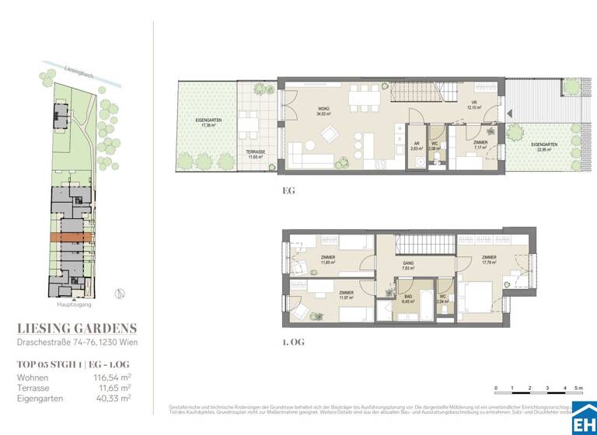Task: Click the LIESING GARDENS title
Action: click(x=76, y=328)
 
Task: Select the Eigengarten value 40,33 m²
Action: click(x=113, y=398)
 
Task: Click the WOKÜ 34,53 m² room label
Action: click(x=323, y=112)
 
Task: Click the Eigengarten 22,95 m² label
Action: click(x=543, y=148)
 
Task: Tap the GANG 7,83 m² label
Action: click(x=407, y=266)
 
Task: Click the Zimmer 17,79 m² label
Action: click(x=489, y=260)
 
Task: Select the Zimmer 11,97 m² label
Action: click(x=346, y=294)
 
